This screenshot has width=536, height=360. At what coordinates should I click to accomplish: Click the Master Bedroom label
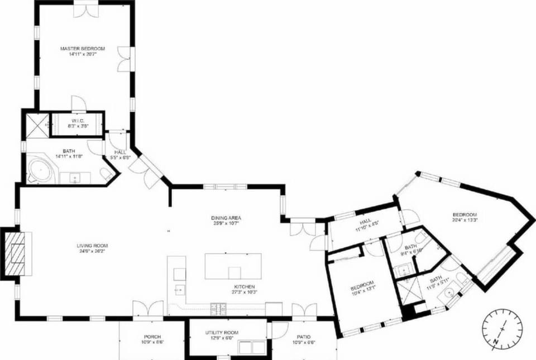pyautogui.click(x=83, y=49)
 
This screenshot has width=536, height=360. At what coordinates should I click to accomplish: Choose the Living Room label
pyautogui.click(x=92, y=246)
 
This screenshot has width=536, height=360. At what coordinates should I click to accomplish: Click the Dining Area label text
pyautogui.click(x=226, y=218)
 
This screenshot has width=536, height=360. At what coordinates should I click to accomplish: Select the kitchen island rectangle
pyautogui.click(x=233, y=266)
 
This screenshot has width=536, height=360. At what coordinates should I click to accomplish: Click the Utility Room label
pyautogui.click(x=222, y=333)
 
